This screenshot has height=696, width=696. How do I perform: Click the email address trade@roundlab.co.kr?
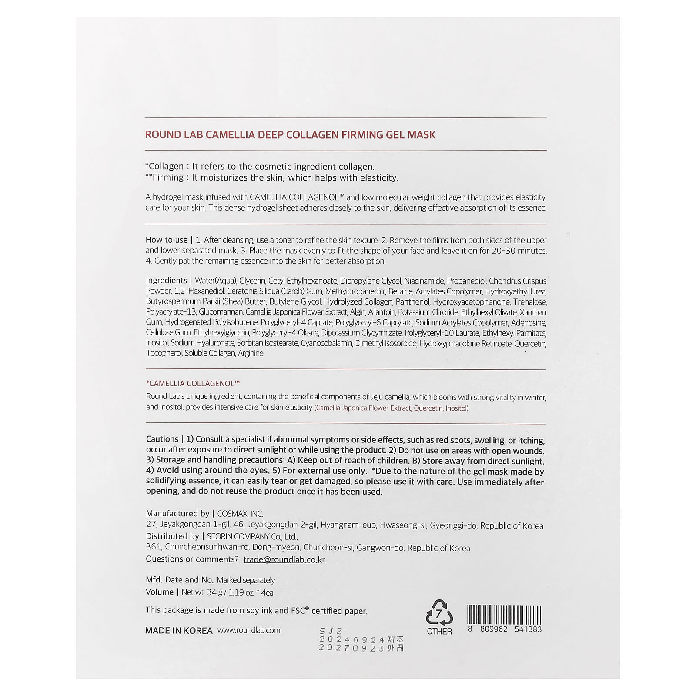(x=284, y=559)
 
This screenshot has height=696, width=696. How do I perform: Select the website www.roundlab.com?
(x=249, y=630)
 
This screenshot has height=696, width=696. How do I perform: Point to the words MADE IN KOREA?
(x=179, y=631)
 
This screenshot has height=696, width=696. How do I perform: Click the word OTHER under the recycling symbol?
(x=439, y=631)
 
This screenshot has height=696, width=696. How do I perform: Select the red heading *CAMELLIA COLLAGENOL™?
(x=193, y=383)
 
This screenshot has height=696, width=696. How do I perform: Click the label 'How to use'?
(x=167, y=240)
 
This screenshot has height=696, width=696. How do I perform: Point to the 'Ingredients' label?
(x=167, y=281)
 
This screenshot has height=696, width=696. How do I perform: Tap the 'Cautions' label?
(x=162, y=439)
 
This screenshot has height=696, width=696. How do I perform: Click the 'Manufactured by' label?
(x=177, y=514)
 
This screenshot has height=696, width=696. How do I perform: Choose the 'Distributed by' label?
(x=172, y=536)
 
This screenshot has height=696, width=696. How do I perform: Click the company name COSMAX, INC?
(x=240, y=514)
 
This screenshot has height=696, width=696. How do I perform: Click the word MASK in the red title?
(x=421, y=135)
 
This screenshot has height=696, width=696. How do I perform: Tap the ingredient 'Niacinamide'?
(x=424, y=281)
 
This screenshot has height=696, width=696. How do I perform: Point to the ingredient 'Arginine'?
(x=251, y=353)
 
